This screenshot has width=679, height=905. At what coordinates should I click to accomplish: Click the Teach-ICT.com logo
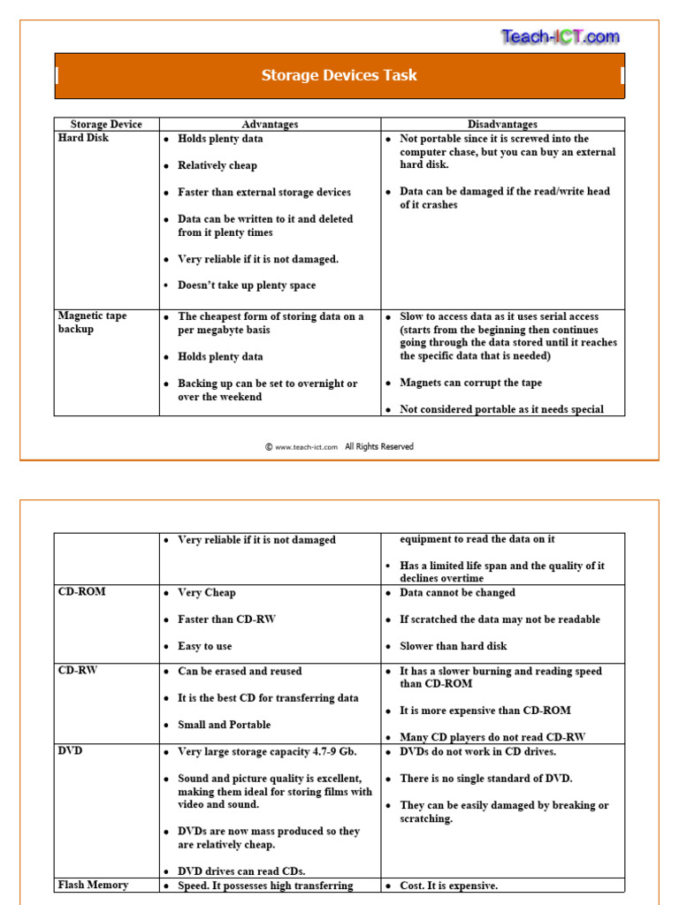click(x=561, y=37)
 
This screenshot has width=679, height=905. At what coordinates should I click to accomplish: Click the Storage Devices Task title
click(x=339, y=75)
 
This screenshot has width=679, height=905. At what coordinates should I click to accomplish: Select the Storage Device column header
click(x=106, y=125)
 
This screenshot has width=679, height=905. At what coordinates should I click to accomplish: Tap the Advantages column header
click(x=270, y=125)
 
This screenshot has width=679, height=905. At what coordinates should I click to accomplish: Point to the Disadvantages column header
click(x=502, y=125)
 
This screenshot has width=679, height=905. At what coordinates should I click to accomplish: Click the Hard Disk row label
click(x=84, y=139)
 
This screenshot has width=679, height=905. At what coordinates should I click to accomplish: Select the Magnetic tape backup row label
click(x=93, y=323)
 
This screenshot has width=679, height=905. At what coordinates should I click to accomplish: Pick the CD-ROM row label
click(x=81, y=592)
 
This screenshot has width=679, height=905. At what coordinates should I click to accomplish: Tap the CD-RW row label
click(x=78, y=671)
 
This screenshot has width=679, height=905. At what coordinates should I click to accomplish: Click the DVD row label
click(x=70, y=750)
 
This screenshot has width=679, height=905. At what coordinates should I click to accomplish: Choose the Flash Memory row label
click(x=93, y=885)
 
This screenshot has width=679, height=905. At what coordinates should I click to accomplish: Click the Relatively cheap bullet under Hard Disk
click(x=217, y=165)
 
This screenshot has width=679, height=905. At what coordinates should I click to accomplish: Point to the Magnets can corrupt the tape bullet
click(x=470, y=383)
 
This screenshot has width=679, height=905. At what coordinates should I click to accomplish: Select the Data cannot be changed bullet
click(x=457, y=593)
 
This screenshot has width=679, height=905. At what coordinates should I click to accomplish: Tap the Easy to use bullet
click(x=204, y=646)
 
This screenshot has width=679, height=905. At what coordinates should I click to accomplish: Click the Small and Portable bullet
click(x=224, y=725)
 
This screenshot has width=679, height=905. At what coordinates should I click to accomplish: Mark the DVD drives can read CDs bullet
click(x=241, y=871)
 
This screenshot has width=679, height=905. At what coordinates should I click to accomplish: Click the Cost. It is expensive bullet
click(x=448, y=886)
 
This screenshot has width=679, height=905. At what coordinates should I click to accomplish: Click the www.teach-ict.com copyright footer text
click(x=339, y=447)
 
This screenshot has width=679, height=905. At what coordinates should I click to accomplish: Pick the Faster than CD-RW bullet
click(x=226, y=620)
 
